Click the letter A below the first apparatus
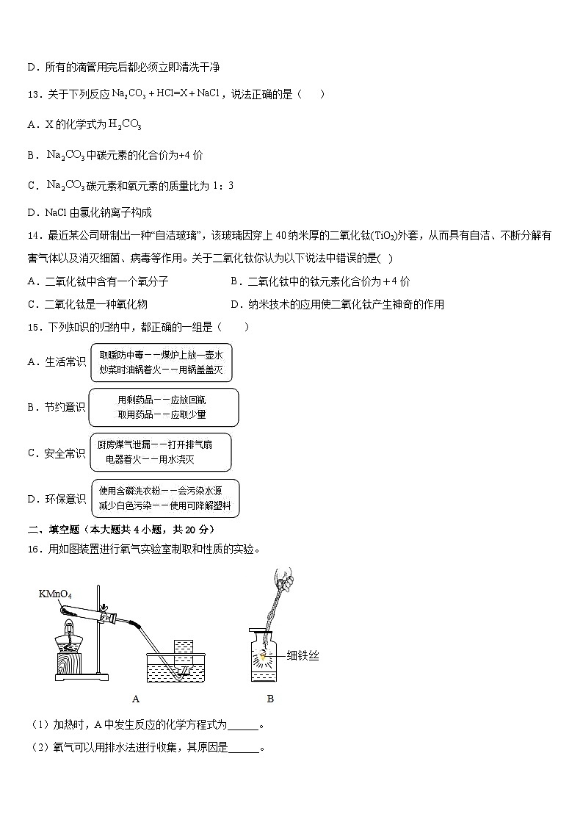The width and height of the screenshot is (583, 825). coord(135,699)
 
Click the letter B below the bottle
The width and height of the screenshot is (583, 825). coord(270,699)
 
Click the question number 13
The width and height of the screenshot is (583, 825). coord(33,94)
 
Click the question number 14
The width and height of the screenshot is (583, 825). coord(33,236)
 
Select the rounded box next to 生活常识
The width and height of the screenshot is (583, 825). coord(161,362)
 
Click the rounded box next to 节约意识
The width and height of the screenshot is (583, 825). coord(162,407)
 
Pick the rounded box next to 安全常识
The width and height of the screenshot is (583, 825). coord(159,453)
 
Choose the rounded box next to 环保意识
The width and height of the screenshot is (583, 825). coord(164,498)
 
